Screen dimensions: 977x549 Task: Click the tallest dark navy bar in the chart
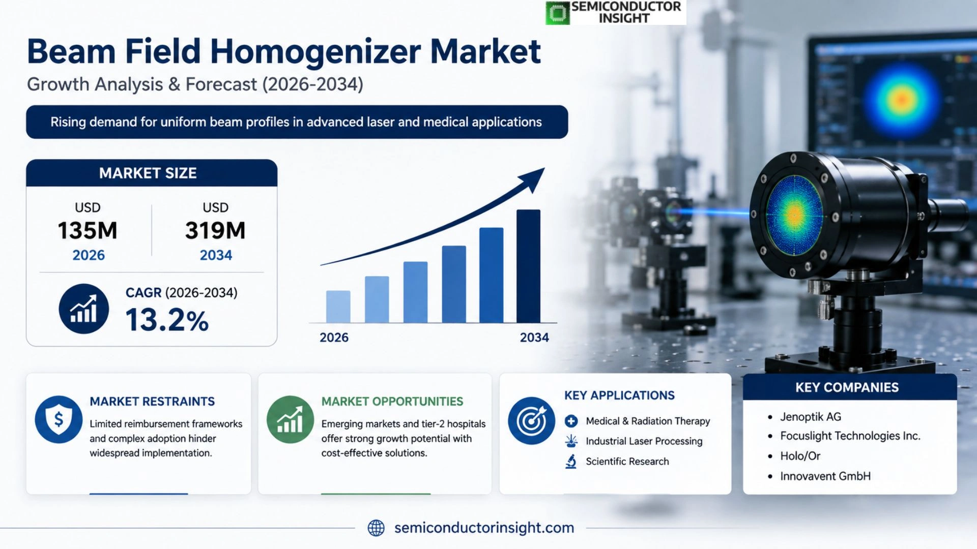tap(528, 266)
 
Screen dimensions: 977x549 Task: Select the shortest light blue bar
tap(338, 307)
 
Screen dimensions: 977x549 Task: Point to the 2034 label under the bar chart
tap(534, 338)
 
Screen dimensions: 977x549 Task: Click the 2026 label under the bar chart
tap(334, 338)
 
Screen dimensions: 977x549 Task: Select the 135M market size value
tap(88, 231)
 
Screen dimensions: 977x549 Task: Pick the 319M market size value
tap(215, 231)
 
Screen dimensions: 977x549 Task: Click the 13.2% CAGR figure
tap(167, 320)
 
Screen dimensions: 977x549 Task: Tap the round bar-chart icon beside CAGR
tap(83, 309)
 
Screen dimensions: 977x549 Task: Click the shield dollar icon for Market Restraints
tap(59, 419)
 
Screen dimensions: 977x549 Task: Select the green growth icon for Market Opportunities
tap(290, 419)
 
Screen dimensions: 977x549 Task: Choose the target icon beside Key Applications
tap(531, 420)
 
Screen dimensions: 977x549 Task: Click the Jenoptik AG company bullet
tap(810, 417)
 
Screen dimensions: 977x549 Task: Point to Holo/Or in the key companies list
tap(800, 456)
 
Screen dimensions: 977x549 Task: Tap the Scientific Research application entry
tap(627, 462)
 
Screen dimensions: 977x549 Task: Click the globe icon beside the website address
tap(376, 528)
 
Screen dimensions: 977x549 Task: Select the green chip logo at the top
tap(558, 13)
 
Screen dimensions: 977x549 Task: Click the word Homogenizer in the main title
tap(315, 52)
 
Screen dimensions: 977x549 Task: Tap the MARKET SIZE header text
tap(148, 173)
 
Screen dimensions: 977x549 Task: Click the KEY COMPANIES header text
tap(847, 387)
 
